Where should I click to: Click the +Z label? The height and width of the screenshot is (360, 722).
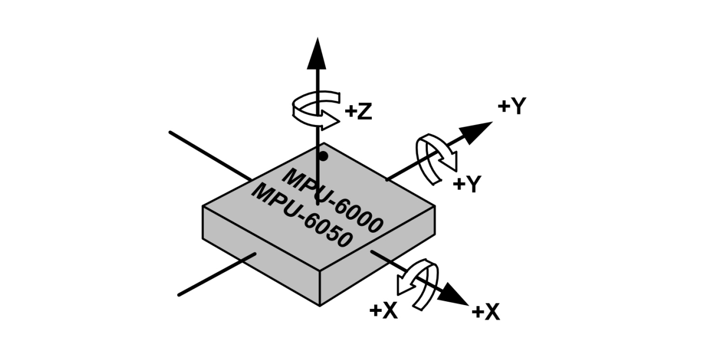(x=358, y=112)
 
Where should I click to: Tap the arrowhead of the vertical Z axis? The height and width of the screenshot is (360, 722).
(x=317, y=53)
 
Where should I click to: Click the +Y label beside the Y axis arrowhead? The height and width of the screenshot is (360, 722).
(x=512, y=106)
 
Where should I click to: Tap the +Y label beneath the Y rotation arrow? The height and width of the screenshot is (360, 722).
(x=467, y=184)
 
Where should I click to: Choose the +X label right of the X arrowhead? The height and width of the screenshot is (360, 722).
(x=485, y=312)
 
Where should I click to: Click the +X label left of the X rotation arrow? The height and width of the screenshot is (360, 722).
(x=383, y=310)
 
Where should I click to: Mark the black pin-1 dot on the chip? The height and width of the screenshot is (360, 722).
(x=323, y=156)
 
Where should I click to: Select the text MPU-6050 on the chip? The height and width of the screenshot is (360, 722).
(x=302, y=215)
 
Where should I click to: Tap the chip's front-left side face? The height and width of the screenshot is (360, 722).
(x=260, y=255)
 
